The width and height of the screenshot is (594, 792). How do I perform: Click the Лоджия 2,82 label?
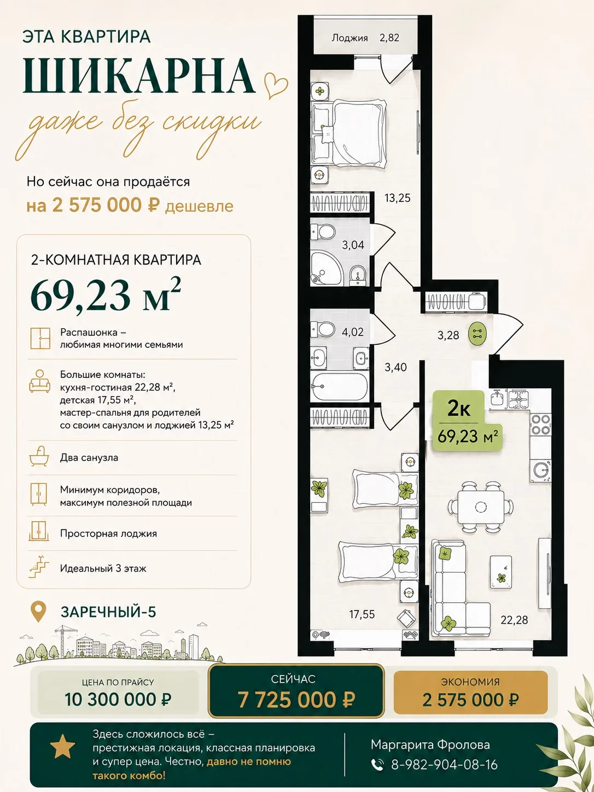365,38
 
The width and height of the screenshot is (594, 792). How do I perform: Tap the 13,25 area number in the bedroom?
398,198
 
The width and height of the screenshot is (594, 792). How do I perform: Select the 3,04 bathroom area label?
353,245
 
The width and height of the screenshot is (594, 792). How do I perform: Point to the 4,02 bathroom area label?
352,332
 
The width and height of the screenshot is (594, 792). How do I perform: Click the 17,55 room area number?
362,614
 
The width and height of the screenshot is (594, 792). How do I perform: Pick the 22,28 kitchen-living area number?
514,620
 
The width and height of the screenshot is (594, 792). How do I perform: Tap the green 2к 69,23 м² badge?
468,421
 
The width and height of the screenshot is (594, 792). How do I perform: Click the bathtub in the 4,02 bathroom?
339,387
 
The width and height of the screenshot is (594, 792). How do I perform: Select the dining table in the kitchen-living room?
481,506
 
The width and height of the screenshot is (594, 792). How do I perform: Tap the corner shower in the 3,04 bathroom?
324,269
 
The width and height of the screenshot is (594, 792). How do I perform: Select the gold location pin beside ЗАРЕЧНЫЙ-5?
38,611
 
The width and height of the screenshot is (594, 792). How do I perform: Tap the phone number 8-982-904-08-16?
444,764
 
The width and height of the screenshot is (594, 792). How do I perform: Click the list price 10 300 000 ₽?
118,700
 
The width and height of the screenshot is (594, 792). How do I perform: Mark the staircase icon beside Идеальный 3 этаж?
39,568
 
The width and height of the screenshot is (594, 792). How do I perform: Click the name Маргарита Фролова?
430,744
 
